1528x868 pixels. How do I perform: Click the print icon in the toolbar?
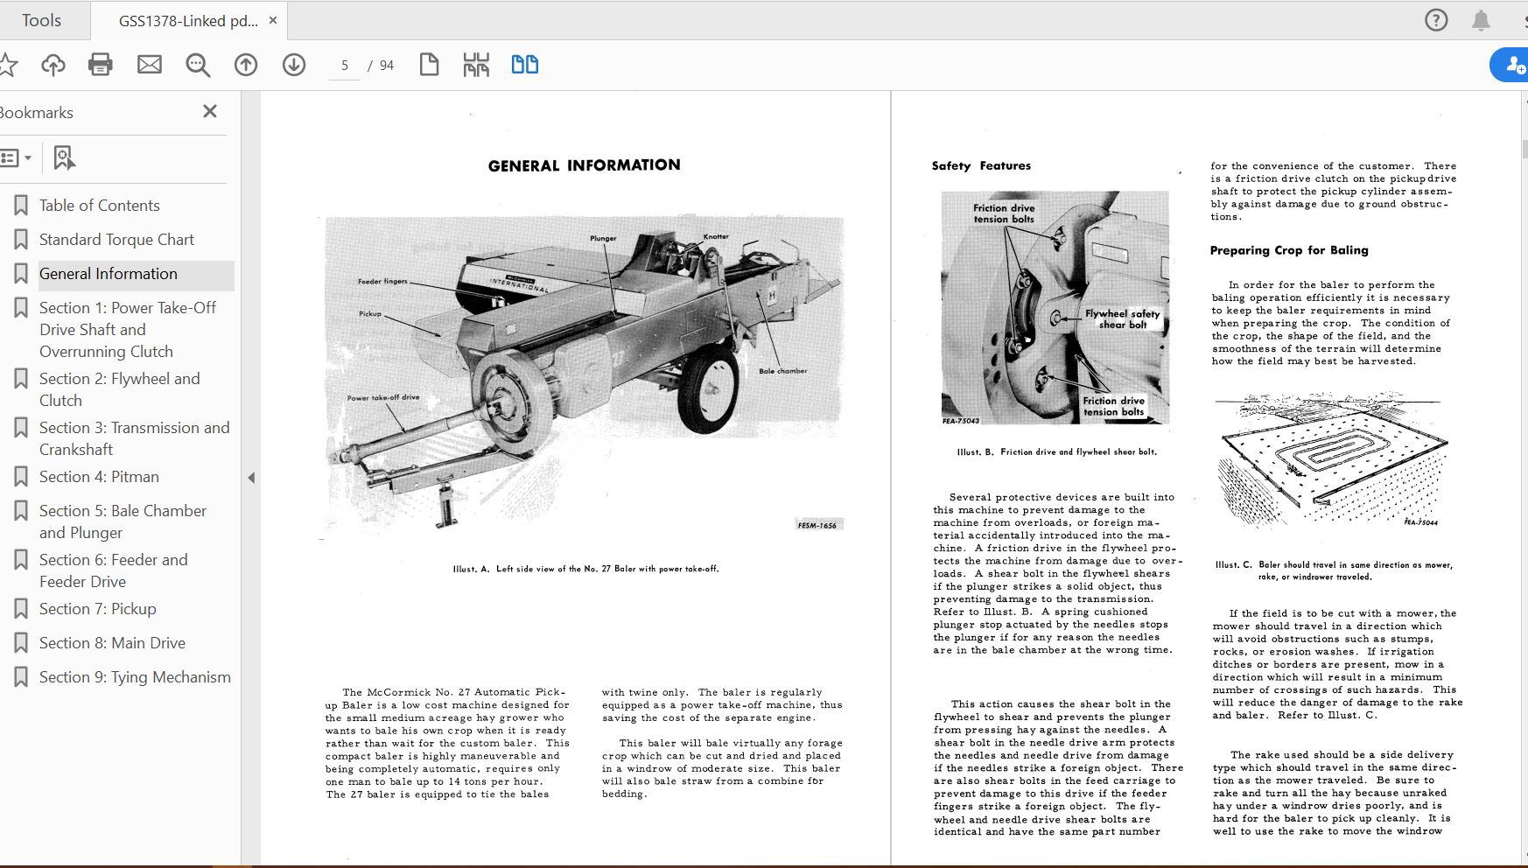coord(101,65)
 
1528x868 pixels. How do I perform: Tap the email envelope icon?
coord(150,65)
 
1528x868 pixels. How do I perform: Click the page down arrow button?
coord(294,65)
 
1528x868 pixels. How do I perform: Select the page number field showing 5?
coord(345,66)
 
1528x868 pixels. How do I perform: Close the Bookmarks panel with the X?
coord(210,111)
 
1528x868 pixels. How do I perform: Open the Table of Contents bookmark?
coord(99,206)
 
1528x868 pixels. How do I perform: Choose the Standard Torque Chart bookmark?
coord(116,240)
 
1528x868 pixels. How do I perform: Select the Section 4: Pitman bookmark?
coord(99,477)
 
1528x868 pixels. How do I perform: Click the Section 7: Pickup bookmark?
coord(97,609)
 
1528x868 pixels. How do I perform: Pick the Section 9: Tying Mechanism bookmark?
coord(135,677)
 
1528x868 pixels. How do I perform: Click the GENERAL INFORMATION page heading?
coord(584,165)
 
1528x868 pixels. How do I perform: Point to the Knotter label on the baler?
coord(716,236)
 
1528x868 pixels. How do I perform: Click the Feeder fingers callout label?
coord(382,282)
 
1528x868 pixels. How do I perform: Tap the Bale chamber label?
coord(782,371)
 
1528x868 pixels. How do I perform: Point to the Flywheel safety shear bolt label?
coord(1122,318)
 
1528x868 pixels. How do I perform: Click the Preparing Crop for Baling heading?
coord(1289,250)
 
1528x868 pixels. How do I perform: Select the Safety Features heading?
coord(981,166)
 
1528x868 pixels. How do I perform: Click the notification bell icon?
coord(1481,20)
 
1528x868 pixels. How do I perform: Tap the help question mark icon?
coord(1436,20)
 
